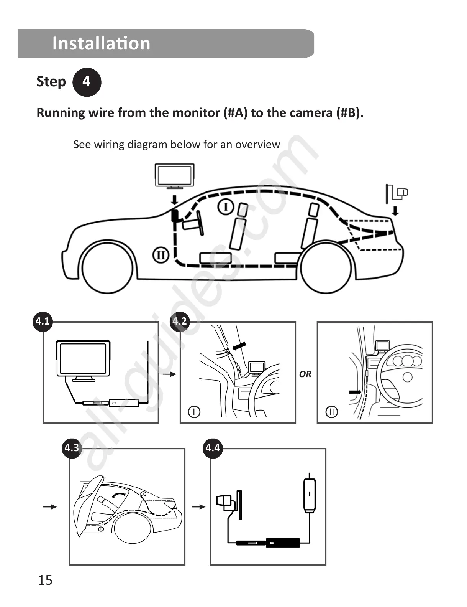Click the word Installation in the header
click(101, 43)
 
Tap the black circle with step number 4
click(87, 82)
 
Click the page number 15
click(45, 580)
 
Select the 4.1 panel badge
click(43, 321)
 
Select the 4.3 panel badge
click(72, 447)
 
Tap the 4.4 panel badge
click(213, 447)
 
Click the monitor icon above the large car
click(174, 176)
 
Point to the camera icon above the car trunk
click(397, 193)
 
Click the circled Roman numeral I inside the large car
click(226, 207)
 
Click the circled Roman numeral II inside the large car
click(161, 255)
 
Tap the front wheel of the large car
click(107, 268)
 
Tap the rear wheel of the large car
click(326, 267)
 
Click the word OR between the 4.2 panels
click(305, 374)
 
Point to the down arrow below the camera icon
click(395, 211)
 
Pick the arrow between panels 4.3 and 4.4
click(198, 507)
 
